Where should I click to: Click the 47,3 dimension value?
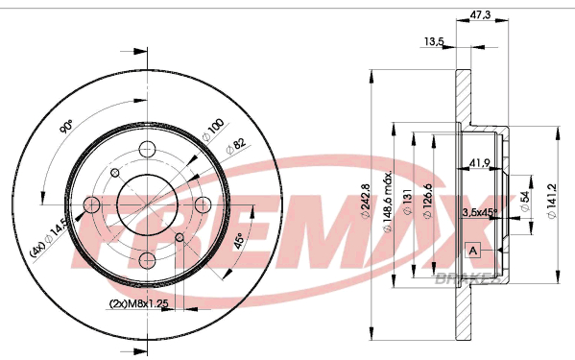tap(480, 14)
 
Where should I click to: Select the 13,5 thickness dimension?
tap(434, 41)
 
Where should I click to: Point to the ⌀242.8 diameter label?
tap(365, 201)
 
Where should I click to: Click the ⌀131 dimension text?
tap(407, 202)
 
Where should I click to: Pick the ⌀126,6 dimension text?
tap(427, 201)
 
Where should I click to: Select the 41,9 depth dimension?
tap(480, 163)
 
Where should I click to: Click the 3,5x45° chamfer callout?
tap(480, 212)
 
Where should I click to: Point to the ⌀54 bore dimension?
tap(525, 202)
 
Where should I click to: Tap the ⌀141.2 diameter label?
tap(552, 201)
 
